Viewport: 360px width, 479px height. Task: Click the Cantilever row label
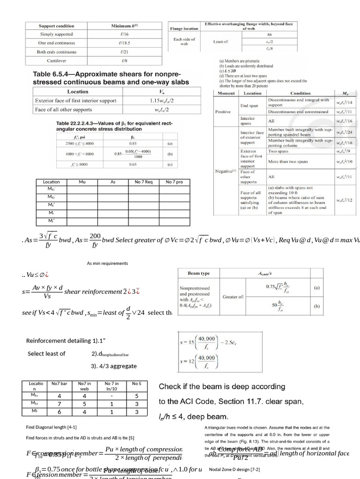pyautogui.click(x=56, y=61)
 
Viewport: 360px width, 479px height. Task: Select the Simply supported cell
pyautogui.click(x=56, y=34)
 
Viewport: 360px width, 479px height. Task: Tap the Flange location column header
pyautogui.click(x=184, y=28)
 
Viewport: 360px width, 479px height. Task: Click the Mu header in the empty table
pyautogui.click(x=82, y=182)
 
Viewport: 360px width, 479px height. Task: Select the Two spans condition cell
pyautogui.click(x=278, y=152)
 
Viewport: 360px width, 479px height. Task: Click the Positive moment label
pyautogui.click(x=223, y=112)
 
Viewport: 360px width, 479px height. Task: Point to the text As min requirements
pyautogui.click(x=107, y=263)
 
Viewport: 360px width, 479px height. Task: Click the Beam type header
pyautogui.click(x=199, y=273)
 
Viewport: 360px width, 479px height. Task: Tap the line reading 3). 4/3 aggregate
pyautogui.click(x=114, y=366)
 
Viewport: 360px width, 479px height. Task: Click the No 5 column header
pyautogui.click(x=136, y=384)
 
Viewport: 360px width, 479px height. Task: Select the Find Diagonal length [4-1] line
pyautogui.click(x=52, y=427)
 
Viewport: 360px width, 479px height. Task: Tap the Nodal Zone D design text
pyautogui.click(x=234, y=469)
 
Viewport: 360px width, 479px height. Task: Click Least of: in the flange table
pyautogui.click(x=221, y=42)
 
